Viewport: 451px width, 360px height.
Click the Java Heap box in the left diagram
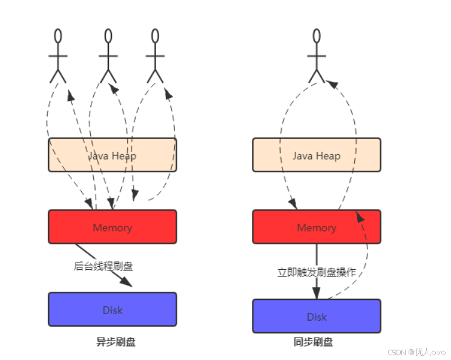[x=112, y=155]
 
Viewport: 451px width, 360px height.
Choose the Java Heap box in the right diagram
[x=316, y=155]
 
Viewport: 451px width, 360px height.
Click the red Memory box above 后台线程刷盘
[x=112, y=227]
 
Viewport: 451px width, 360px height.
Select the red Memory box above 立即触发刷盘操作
[x=316, y=227]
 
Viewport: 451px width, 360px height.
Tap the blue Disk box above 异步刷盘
[x=112, y=309]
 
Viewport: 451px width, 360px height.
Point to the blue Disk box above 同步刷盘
[x=316, y=316]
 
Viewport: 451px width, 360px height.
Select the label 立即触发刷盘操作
[x=316, y=273]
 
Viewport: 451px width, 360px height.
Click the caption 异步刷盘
[x=116, y=342]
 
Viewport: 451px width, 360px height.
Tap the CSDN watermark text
[x=416, y=352]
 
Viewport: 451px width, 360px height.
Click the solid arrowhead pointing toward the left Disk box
[x=127, y=281]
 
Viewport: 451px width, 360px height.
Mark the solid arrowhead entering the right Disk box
[x=316, y=293]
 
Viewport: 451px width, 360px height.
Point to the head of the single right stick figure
[x=315, y=36]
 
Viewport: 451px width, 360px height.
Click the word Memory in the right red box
[x=316, y=227]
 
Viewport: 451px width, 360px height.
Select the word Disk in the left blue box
[x=112, y=310]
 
